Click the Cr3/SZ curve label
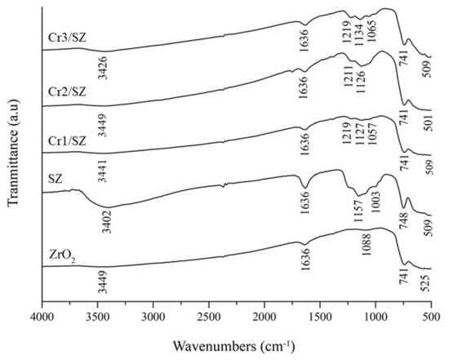tap(63, 36)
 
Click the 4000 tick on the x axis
tap(41, 310)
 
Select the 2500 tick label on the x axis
tap(208, 310)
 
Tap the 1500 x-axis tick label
tap(319, 310)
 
